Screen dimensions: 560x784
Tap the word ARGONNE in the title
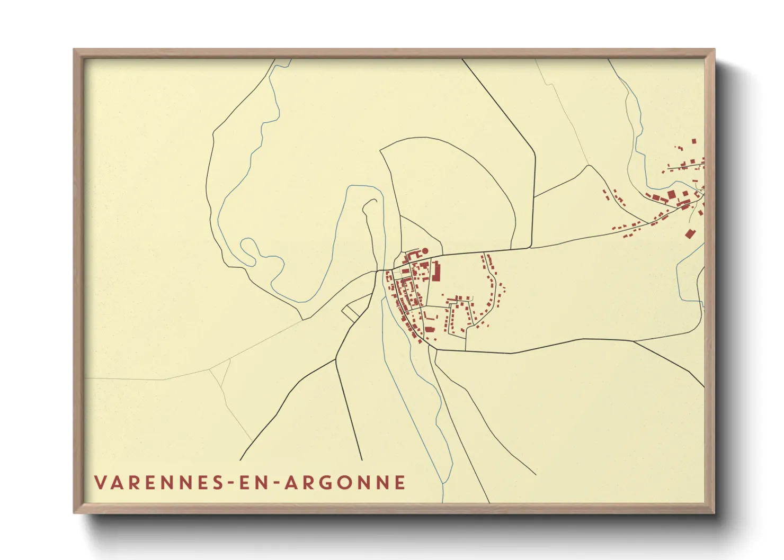point(345,483)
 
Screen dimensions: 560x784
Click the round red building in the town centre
point(424,251)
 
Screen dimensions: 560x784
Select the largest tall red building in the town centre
point(437,270)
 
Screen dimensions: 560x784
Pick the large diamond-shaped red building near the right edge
point(689,233)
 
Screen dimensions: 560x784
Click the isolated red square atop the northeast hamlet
point(694,141)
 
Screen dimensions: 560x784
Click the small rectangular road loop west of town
point(351,312)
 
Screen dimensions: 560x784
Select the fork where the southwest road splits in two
point(336,360)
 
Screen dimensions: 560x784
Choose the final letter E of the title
point(401,483)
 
